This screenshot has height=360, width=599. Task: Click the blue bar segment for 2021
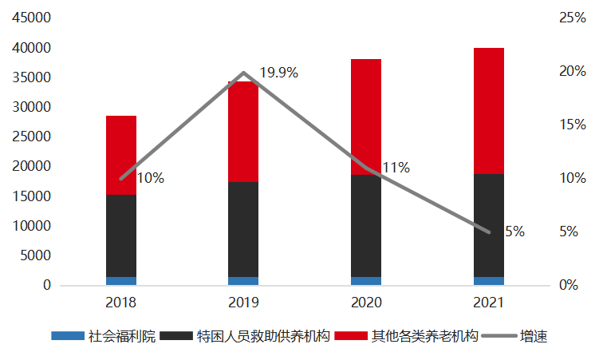(x=488, y=281)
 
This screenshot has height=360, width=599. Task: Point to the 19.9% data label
(x=278, y=73)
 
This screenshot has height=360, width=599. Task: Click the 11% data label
(x=396, y=168)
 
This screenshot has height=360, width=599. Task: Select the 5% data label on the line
(x=514, y=231)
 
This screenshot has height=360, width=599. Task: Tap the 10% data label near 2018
(x=150, y=178)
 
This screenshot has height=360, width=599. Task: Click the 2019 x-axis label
(x=243, y=303)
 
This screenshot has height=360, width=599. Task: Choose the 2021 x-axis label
(x=488, y=303)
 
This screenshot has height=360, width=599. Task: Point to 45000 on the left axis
(x=32, y=18)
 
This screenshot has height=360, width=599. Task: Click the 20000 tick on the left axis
(x=32, y=166)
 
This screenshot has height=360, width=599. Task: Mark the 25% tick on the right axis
(x=572, y=18)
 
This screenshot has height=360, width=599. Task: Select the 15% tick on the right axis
(x=572, y=125)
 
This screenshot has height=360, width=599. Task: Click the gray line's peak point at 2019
(x=243, y=73)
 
